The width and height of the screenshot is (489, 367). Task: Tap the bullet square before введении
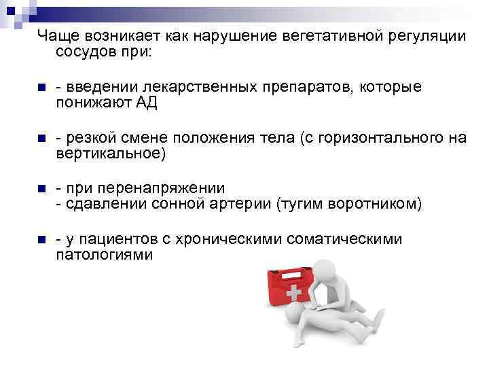pos(41,88)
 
